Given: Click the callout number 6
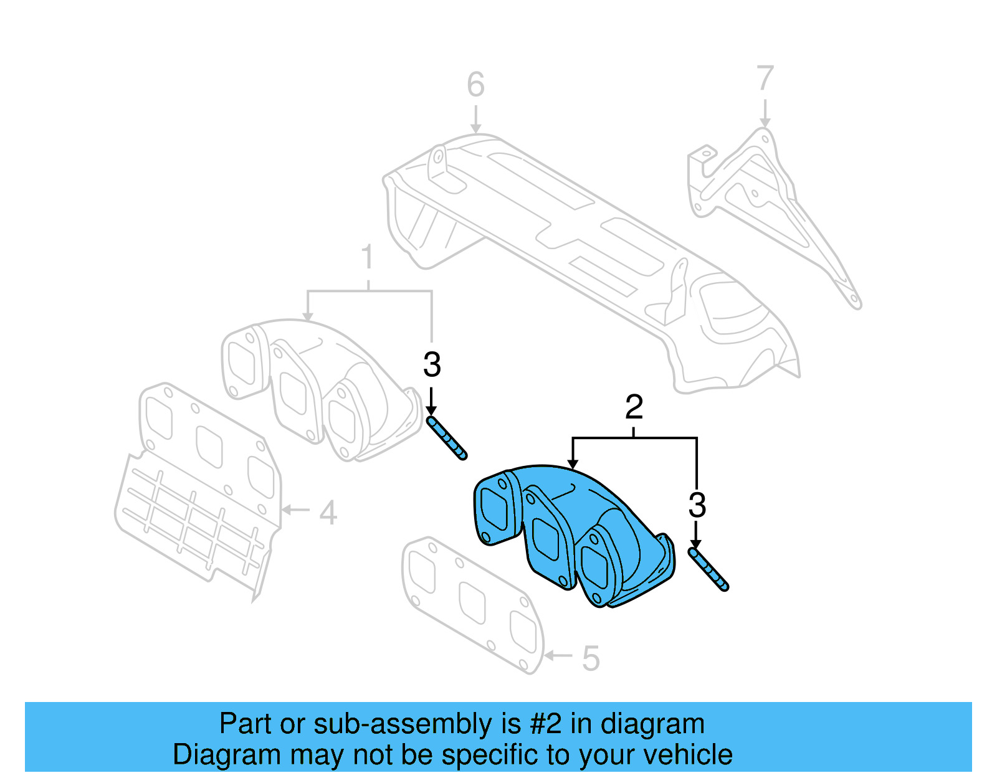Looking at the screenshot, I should click(475, 85).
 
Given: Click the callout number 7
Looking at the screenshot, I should click(765, 78).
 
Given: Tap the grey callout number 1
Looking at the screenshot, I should click(368, 257).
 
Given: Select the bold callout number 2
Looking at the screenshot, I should click(634, 407).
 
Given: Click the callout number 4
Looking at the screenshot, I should click(328, 513).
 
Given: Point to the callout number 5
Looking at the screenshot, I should click(591, 658).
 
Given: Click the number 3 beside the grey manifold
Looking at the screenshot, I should click(432, 365).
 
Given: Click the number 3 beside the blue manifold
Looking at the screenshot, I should click(697, 505).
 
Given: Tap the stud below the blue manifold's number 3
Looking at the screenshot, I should click(708, 569).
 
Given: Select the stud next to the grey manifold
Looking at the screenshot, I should click(447, 438).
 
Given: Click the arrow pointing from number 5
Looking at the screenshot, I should click(558, 655).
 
